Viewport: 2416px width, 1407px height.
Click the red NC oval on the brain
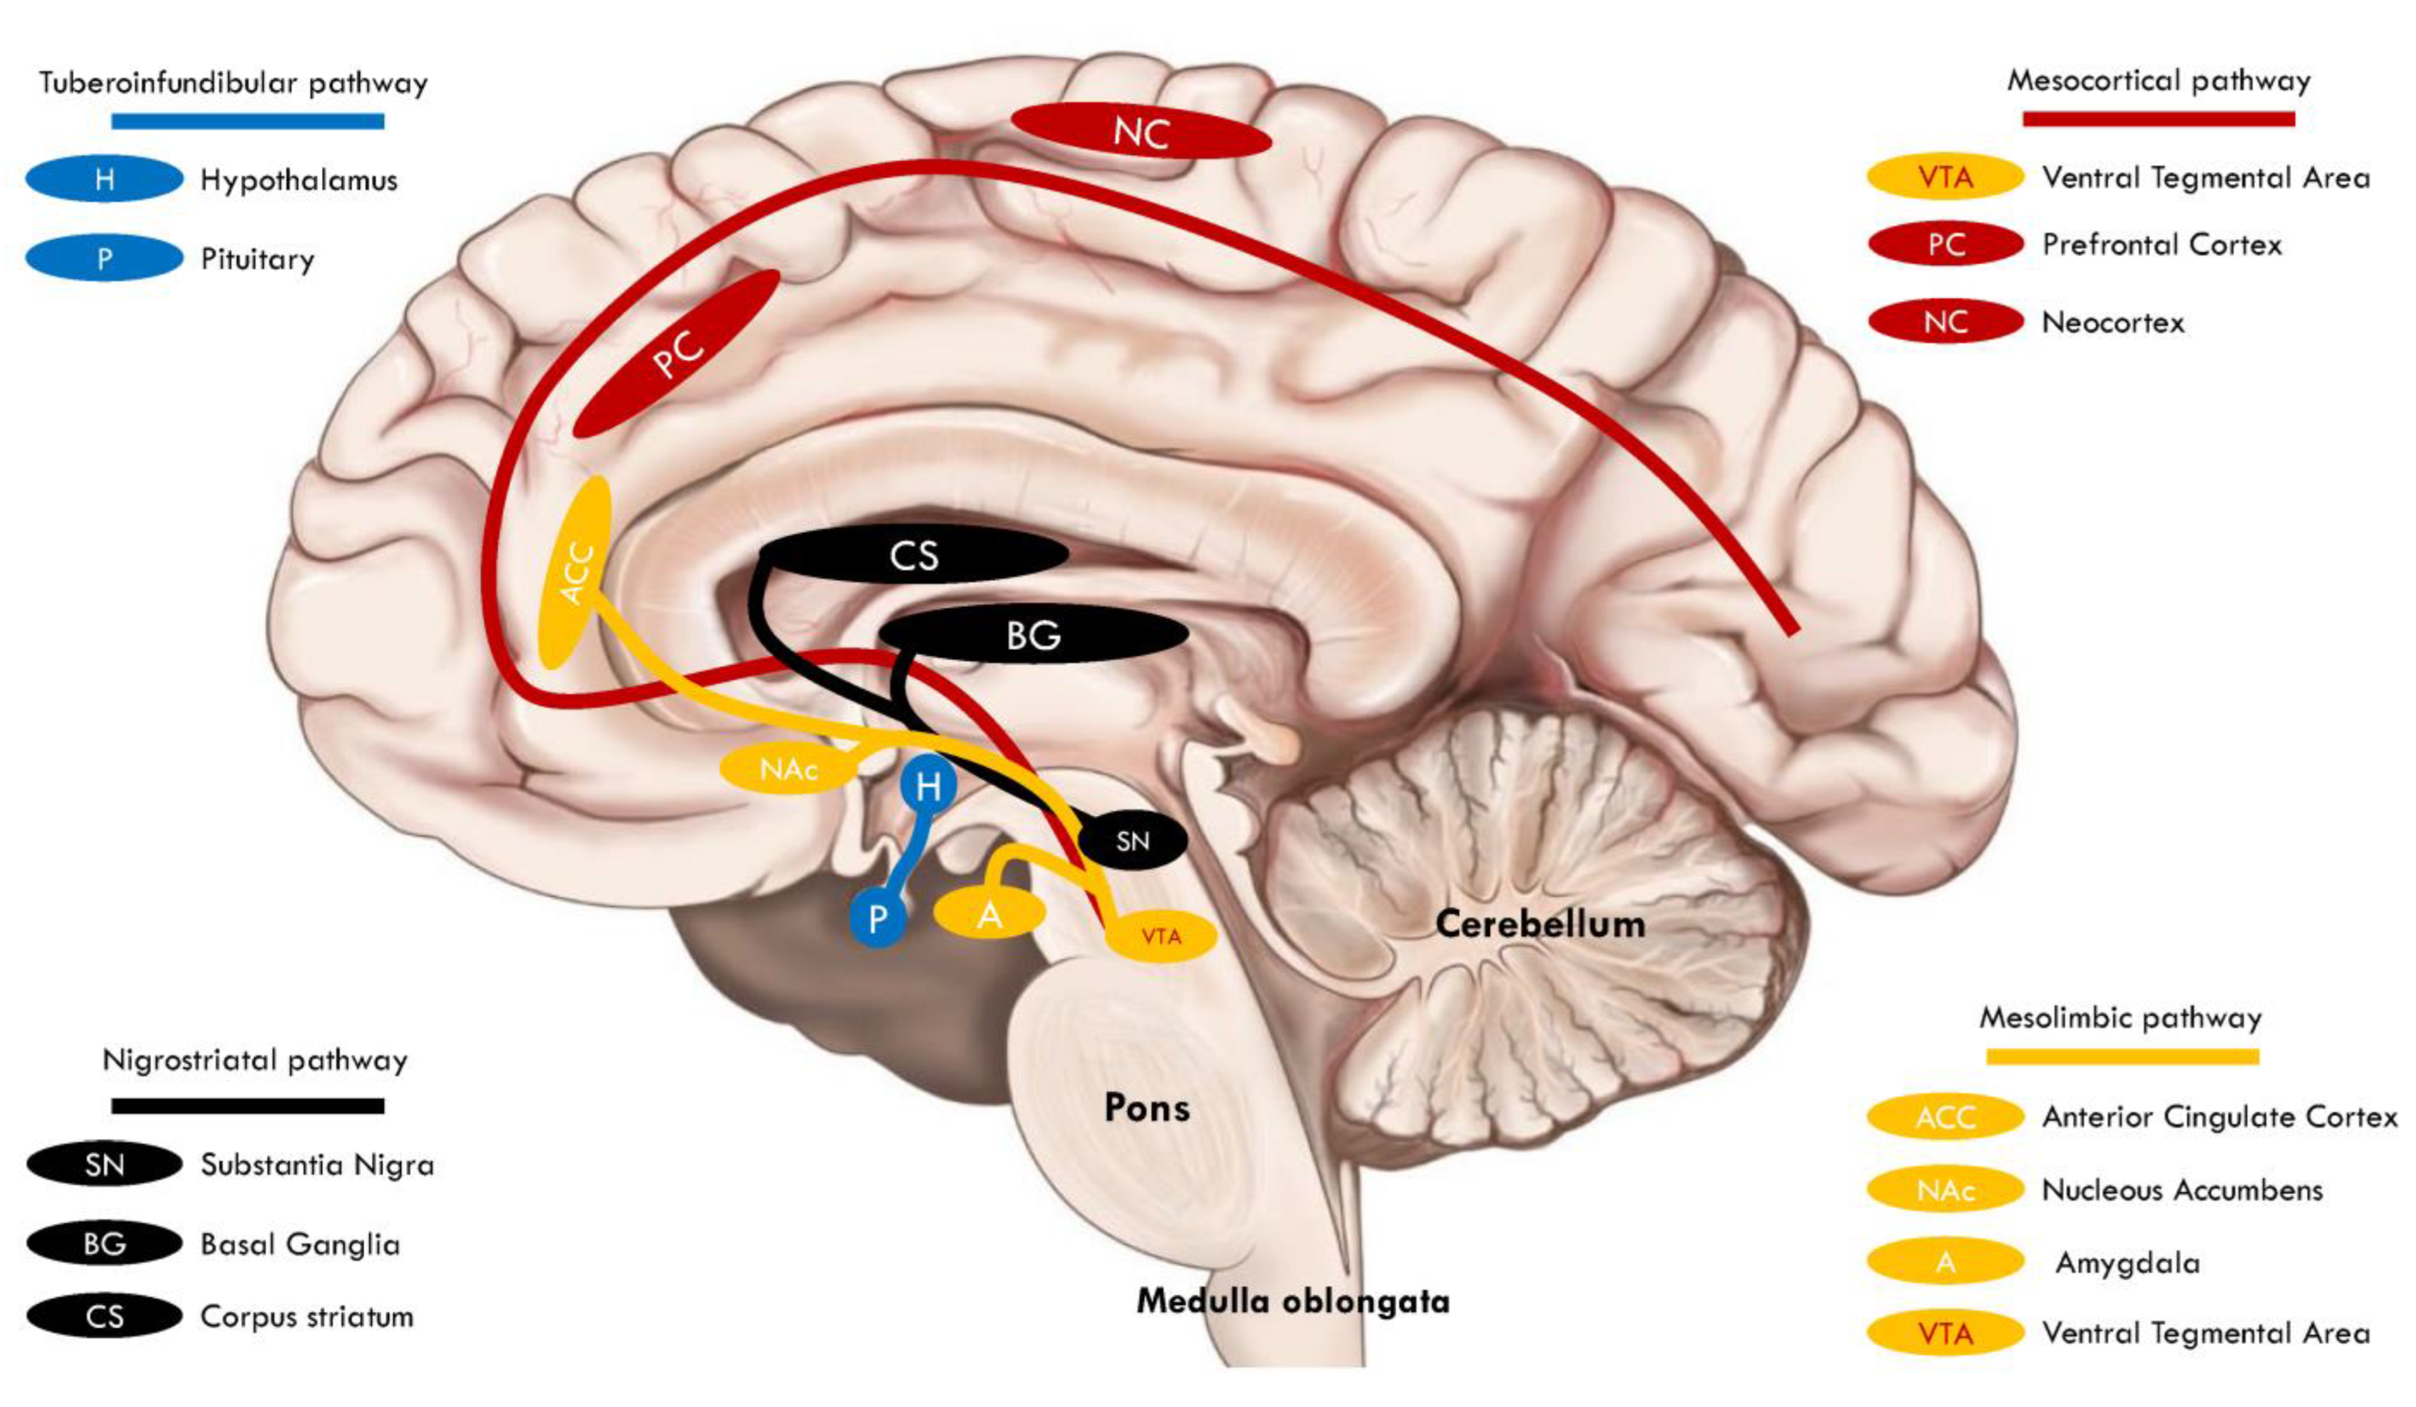(x=1141, y=131)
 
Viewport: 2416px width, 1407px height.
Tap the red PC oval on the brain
(x=677, y=354)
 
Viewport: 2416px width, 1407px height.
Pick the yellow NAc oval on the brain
(x=787, y=768)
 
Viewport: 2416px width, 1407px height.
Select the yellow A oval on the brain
(x=989, y=914)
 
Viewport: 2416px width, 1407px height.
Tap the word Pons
(x=1147, y=1108)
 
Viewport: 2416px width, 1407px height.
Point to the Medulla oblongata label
(x=1292, y=1301)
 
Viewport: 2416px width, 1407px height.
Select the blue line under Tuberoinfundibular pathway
(x=248, y=122)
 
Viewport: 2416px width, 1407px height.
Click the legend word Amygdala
(x=2126, y=1263)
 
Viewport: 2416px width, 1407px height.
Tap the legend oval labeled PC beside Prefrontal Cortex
(x=1946, y=244)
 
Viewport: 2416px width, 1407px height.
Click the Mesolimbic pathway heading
(x=2121, y=1017)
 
